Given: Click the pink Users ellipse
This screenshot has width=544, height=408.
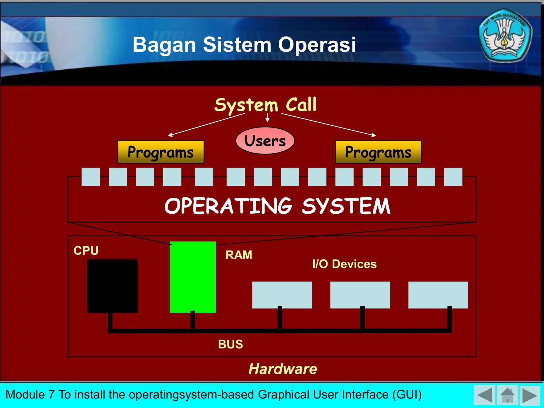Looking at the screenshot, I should click(x=265, y=141).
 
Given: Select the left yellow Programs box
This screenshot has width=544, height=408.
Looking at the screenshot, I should click(x=161, y=152).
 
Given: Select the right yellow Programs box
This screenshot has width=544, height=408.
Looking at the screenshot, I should click(x=378, y=152).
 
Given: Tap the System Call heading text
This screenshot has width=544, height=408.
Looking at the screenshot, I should click(x=265, y=105).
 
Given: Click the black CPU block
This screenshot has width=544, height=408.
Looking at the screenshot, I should click(x=112, y=286).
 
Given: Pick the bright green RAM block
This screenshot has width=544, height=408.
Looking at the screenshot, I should click(x=193, y=277).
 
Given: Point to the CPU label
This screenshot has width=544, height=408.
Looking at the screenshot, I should click(x=86, y=250).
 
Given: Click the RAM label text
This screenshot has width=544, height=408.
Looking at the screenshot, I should click(x=239, y=255).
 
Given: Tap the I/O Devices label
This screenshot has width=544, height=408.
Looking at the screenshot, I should click(x=344, y=264).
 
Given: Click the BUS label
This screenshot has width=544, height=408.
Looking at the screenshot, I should click(x=230, y=344).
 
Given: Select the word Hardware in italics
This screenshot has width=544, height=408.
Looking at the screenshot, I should click(x=283, y=369).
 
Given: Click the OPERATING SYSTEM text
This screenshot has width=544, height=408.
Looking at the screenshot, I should click(x=277, y=206).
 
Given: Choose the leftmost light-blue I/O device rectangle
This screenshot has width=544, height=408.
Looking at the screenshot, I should click(x=282, y=295).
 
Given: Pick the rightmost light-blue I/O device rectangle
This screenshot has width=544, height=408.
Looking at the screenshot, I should click(x=438, y=295).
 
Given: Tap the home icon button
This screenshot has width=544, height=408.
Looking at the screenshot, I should click(x=507, y=395).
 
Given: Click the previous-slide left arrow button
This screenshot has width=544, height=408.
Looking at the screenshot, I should click(x=484, y=395).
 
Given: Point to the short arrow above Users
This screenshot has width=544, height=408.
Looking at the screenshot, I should click(x=267, y=118).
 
